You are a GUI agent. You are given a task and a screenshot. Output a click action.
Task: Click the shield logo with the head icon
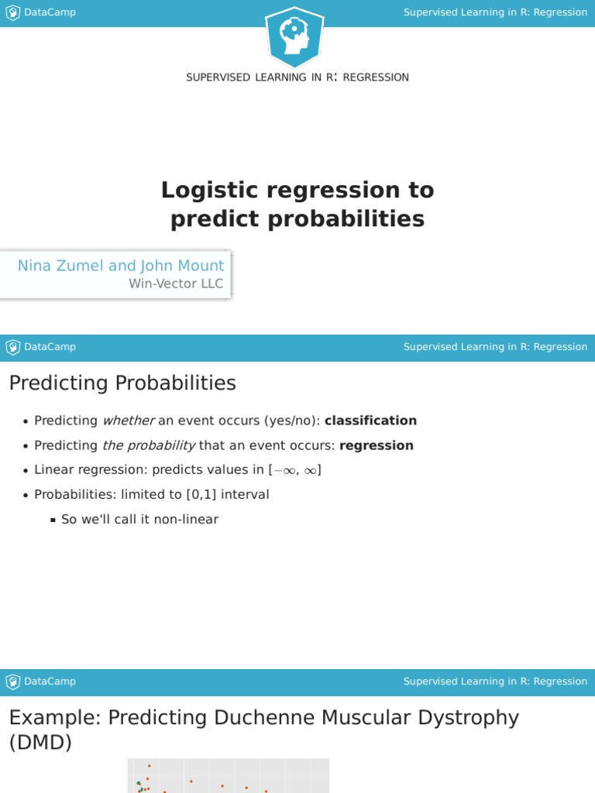[294, 36]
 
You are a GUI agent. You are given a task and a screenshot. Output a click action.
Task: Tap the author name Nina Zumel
[61, 266]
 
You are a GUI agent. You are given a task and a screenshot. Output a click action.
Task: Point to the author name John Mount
[182, 266]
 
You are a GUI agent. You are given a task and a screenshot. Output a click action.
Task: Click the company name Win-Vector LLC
[176, 283]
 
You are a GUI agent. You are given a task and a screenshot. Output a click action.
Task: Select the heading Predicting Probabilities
[122, 383]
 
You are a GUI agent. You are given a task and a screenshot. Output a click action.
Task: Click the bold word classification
[370, 421]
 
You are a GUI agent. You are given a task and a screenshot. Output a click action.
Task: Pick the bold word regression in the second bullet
[377, 445]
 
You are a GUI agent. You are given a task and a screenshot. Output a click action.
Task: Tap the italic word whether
[129, 421]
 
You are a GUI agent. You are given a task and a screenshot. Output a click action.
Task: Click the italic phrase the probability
[149, 445]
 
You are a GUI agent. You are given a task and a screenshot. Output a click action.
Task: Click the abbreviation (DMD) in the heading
[40, 743]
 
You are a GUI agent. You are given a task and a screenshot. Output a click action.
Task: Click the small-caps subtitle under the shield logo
[297, 77]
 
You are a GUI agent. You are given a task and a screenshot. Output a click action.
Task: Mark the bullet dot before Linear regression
[26, 471]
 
